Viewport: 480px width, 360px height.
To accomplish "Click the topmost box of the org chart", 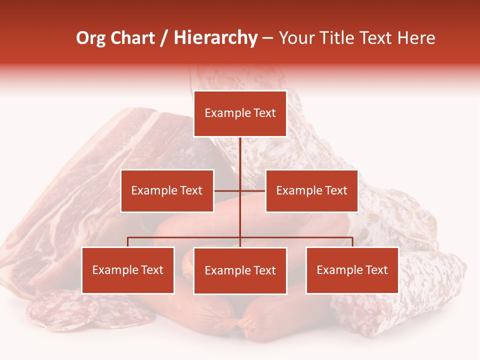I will click(x=240, y=113).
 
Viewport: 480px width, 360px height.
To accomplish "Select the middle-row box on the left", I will click(x=167, y=190).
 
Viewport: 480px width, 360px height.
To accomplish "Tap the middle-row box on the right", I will click(x=311, y=190).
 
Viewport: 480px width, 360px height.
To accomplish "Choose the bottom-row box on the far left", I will click(x=128, y=270).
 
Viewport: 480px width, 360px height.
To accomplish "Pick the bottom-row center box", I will click(x=240, y=270).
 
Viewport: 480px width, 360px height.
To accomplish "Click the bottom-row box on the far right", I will click(x=352, y=270).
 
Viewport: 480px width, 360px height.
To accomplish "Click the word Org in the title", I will click(x=90, y=38).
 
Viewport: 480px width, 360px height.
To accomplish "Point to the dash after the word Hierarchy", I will click(x=267, y=38).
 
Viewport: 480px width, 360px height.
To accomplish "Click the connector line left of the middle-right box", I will click(x=252, y=190).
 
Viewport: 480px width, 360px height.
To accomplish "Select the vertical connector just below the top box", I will click(x=240, y=150).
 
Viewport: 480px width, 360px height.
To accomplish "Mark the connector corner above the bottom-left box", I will click(x=128, y=238).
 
